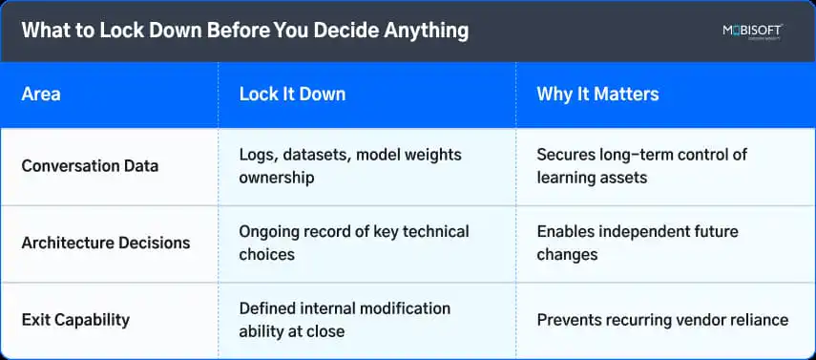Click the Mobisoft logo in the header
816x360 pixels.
coord(752,32)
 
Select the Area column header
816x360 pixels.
coord(41,95)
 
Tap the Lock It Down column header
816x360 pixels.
coord(292,95)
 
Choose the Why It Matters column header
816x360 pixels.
coord(597,95)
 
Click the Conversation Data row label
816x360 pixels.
coord(90,166)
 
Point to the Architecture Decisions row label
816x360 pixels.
coord(106,243)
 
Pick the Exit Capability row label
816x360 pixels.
coord(75,320)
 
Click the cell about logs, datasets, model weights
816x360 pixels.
coord(350,166)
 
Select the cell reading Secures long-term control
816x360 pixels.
coord(641,166)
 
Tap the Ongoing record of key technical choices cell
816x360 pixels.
coord(354,243)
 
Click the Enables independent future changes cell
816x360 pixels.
coord(638,243)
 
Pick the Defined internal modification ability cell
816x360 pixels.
coord(345,320)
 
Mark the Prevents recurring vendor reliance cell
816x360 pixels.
coord(662,320)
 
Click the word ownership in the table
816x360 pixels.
coord(277,179)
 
